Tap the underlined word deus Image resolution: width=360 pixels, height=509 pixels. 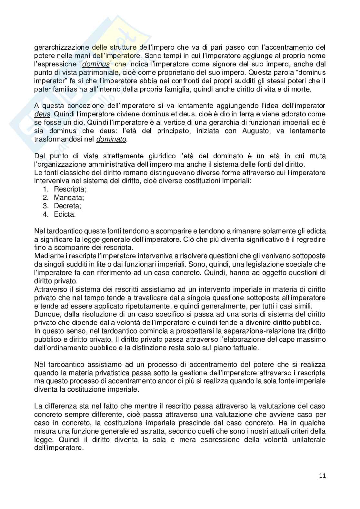[42, 114]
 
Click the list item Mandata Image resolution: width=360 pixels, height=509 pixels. [69, 198]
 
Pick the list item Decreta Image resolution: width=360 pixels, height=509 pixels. [67, 206]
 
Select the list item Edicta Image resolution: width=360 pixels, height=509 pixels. [65, 214]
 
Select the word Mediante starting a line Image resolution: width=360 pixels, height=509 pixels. [47, 256]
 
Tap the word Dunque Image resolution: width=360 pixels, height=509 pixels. [45, 314]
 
